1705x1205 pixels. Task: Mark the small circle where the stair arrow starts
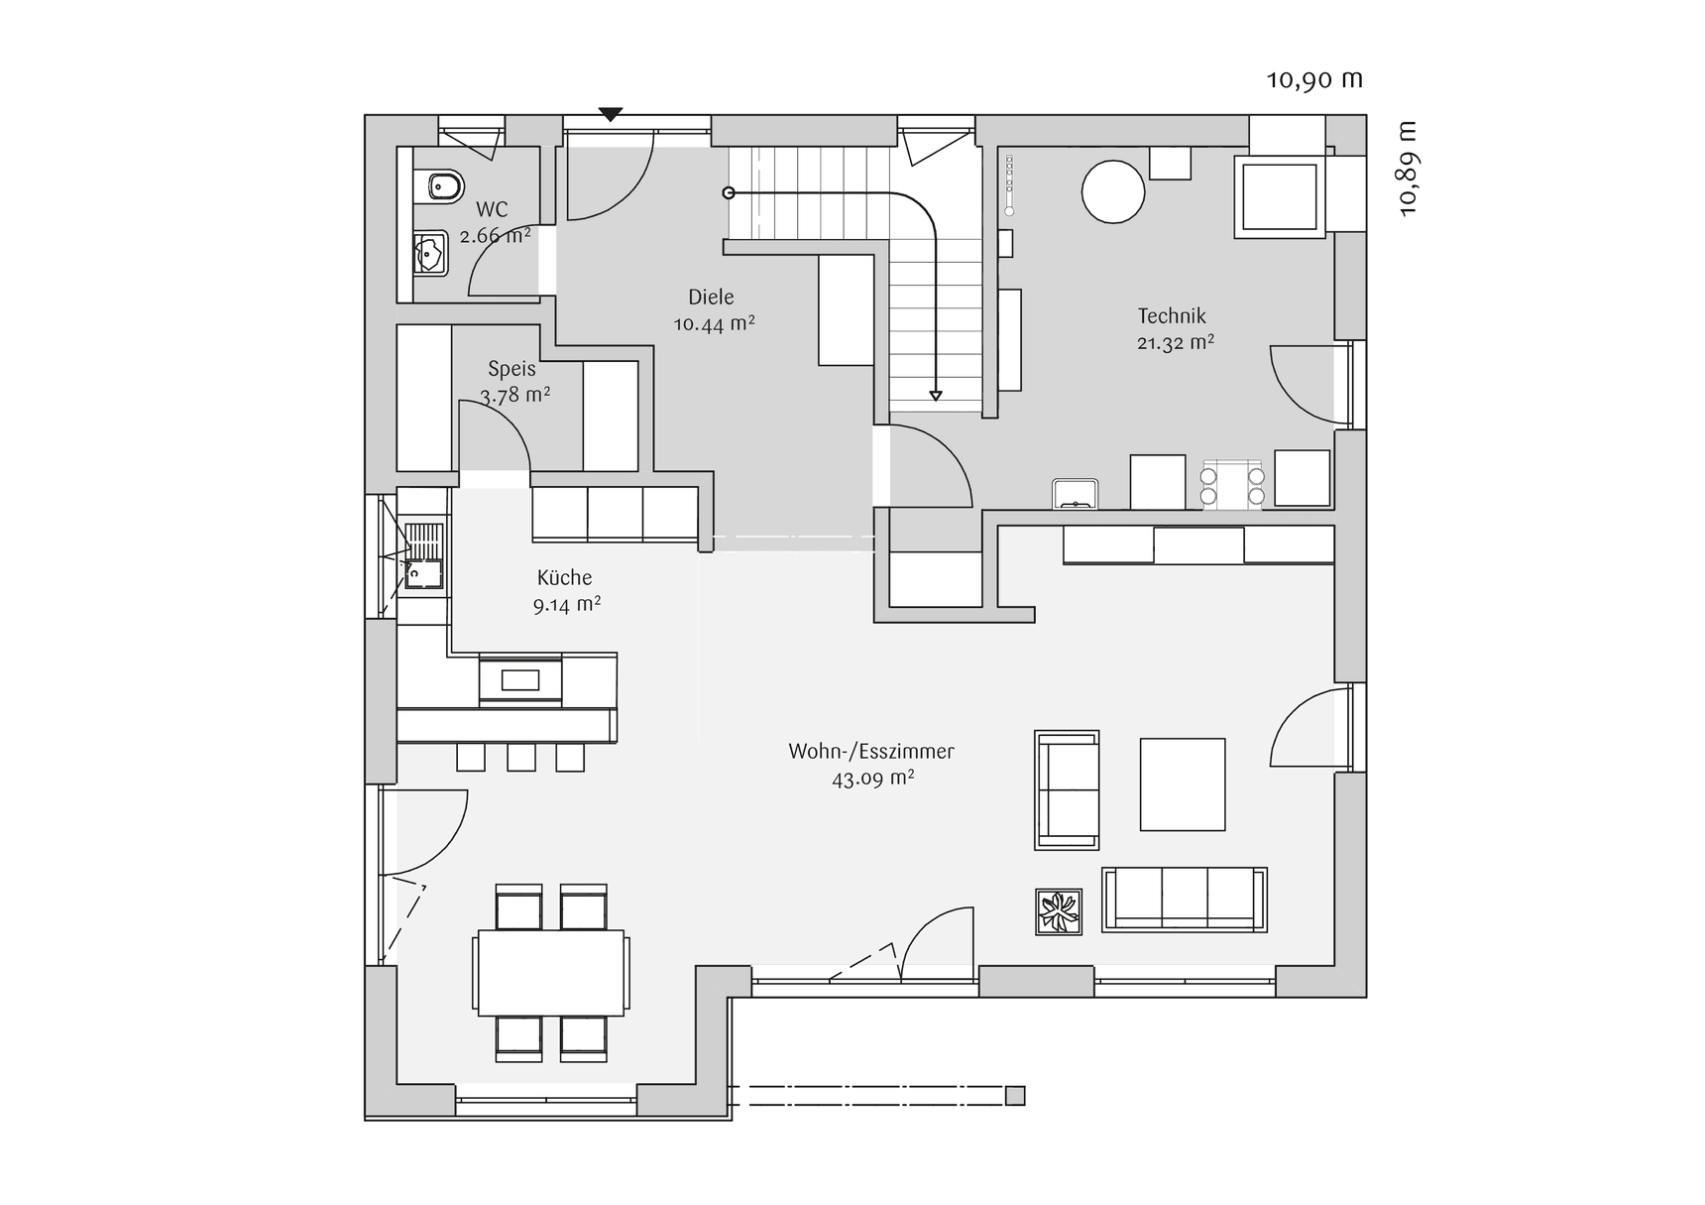(x=729, y=192)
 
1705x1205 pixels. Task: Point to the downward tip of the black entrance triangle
(x=611, y=121)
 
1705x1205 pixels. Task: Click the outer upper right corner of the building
(x=1366, y=115)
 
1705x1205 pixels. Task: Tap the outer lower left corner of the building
(x=365, y=1120)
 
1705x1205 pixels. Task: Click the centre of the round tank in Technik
(x=1113, y=191)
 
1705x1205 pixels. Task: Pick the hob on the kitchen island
(x=520, y=679)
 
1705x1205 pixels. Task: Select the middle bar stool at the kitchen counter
(x=521, y=757)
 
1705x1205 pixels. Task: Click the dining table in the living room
(x=551, y=972)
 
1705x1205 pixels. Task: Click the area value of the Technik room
(x=1176, y=343)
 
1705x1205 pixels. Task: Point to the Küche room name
(x=564, y=577)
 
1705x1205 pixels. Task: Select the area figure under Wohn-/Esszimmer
(x=873, y=779)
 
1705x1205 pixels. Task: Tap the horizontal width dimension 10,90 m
(x=1314, y=79)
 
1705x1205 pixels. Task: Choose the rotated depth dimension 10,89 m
(x=1408, y=169)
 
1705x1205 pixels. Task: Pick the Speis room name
(x=511, y=369)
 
